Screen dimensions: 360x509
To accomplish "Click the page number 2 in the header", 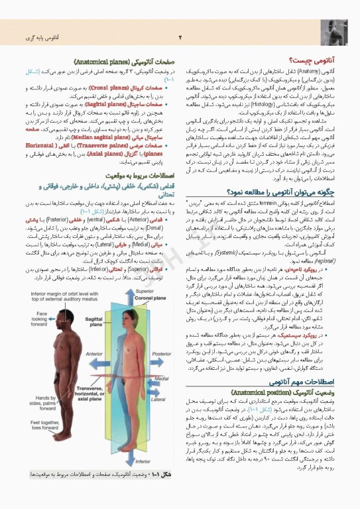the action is (180, 37).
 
